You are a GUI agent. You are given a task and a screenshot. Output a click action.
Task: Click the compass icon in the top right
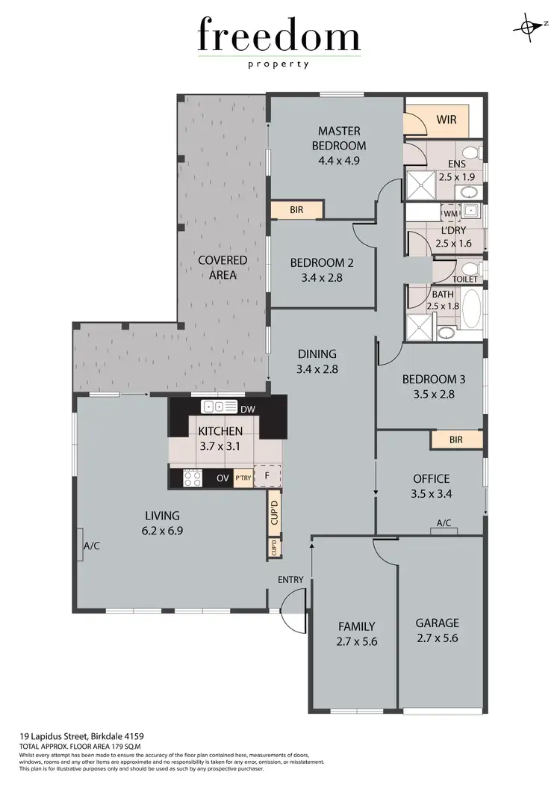pos(529,26)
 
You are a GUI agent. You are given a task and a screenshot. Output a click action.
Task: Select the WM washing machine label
pos(451,214)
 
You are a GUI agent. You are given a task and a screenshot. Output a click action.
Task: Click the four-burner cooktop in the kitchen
pos(192,477)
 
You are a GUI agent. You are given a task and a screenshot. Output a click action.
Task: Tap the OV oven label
pos(222,478)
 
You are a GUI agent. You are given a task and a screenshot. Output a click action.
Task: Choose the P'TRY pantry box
pos(243,478)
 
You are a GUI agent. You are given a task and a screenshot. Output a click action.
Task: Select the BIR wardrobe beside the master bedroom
pos(296,210)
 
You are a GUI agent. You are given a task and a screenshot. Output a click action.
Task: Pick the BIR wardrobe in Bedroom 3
pos(455,439)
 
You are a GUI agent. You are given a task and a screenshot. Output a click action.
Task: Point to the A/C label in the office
pos(444,523)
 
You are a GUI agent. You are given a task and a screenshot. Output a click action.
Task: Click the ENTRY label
pos(290,580)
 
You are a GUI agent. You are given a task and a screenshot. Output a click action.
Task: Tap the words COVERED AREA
pos(223,267)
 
